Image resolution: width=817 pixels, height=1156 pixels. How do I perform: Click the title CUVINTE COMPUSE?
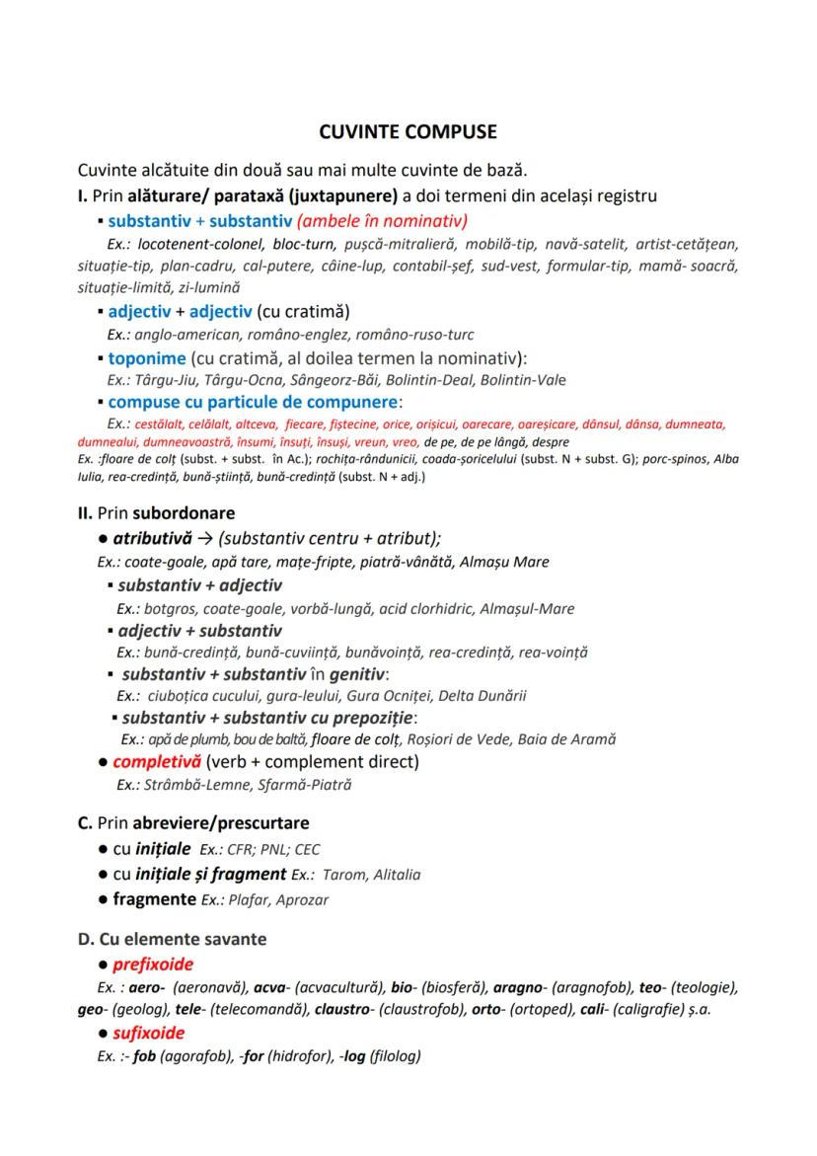pos(408,131)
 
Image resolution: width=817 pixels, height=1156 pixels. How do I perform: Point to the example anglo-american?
pos(187,335)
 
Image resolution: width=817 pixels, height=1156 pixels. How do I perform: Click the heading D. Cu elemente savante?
pos(172,939)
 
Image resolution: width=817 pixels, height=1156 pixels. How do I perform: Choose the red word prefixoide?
pos(153,963)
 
